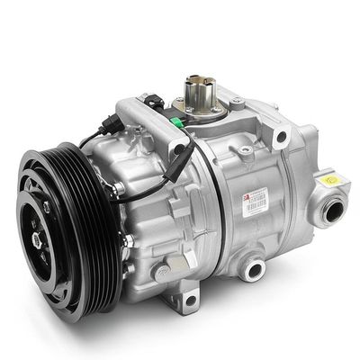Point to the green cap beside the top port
216,113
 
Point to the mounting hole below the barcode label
255,267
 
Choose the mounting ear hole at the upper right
282,137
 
